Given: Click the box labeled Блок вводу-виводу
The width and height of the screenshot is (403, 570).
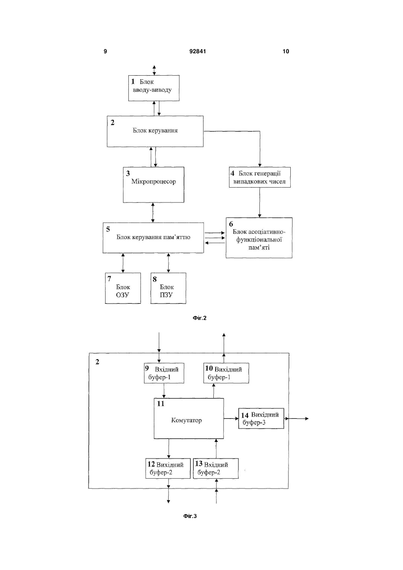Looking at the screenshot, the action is (x=154, y=88).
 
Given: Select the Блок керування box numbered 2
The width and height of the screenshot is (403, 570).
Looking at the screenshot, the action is (x=155, y=131).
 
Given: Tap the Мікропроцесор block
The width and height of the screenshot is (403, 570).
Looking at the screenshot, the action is (x=153, y=185).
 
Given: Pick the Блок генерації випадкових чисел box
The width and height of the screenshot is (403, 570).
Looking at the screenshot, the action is (x=259, y=177).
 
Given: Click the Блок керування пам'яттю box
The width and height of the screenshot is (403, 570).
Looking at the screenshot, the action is (x=153, y=238).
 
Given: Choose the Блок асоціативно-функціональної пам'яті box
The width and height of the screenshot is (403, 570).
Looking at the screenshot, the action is (x=259, y=238).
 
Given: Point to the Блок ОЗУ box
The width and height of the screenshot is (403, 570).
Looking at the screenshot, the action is (x=123, y=288).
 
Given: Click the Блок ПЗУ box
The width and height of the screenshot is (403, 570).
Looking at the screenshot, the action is (x=168, y=288).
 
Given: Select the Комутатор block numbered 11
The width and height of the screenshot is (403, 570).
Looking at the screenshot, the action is (x=189, y=418).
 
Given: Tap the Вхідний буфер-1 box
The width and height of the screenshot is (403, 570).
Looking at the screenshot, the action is (x=164, y=373).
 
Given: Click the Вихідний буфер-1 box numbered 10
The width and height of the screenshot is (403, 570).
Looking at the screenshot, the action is (x=226, y=373).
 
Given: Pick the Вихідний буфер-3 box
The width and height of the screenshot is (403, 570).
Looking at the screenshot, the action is (x=261, y=419).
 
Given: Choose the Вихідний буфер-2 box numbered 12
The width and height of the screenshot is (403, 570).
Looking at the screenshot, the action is (x=168, y=468).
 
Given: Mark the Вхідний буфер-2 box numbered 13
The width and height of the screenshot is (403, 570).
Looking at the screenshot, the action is (x=216, y=468).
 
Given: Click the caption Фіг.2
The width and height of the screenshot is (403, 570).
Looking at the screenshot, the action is (x=199, y=318).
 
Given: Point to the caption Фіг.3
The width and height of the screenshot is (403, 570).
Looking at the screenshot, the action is (x=190, y=516).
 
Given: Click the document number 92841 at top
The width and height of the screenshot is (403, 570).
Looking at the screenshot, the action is (x=198, y=51).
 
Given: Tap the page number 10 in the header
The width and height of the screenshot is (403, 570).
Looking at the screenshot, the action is (x=286, y=51).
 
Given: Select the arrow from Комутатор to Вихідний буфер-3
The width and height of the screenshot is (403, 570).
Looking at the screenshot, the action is (x=231, y=418).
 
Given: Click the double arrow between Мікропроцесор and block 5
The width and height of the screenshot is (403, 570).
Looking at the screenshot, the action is (x=153, y=213).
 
